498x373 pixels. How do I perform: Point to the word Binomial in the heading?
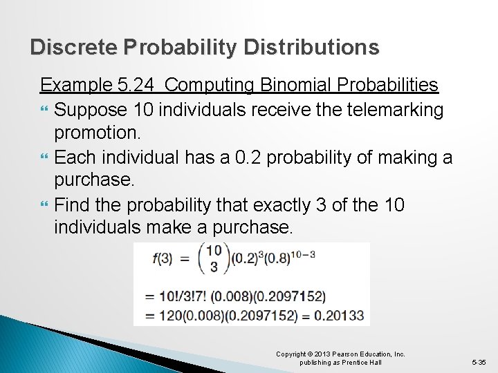pos(291,85)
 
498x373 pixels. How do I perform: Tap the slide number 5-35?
pos(479,362)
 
